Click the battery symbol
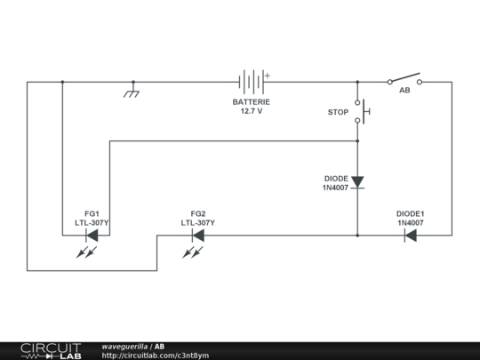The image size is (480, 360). tap(252, 82)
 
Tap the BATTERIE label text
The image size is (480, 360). tap(252, 102)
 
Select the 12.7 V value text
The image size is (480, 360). tap(252, 112)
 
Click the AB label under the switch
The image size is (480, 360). tap(404, 91)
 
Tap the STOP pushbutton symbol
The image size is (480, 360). tap(361, 112)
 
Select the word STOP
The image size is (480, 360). tap(338, 112)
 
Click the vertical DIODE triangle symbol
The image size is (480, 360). tap(357, 182)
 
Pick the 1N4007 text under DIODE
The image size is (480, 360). tap(335, 188)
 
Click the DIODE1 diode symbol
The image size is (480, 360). tap(411, 236)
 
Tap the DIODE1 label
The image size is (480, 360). tap(410, 213)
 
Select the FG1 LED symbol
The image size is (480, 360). tap(92, 236)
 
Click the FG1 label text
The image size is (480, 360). tap(92, 213)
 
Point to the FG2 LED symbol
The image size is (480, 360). tap(197, 236)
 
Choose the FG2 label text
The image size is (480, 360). tap(197, 213)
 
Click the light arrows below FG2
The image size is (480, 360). tap(191, 253)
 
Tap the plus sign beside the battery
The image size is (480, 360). tap(265, 75)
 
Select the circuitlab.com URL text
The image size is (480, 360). tap(156, 356)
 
